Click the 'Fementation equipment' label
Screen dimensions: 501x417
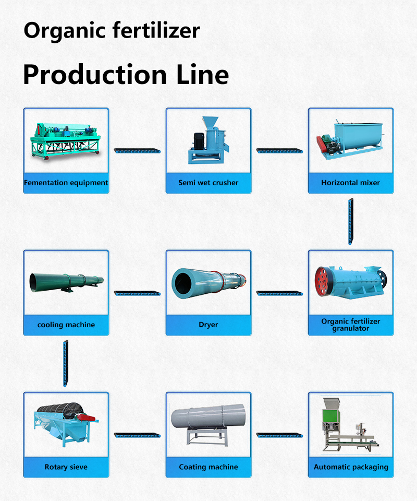coord(66,183)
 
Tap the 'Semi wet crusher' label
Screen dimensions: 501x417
coord(208,183)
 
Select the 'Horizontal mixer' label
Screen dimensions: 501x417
coord(350,183)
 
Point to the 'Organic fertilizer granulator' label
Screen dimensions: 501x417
coord(350,325)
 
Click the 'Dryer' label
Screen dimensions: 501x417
coord(208,325)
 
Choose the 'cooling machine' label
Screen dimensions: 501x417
coord(66,325)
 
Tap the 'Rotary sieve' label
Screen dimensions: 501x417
coord(66,467)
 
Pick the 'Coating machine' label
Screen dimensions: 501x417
coord(208,467)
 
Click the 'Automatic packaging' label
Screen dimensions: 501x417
coord(350,467)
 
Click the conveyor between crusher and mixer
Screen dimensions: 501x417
coord(279,151)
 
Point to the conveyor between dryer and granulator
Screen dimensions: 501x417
coord(279,293)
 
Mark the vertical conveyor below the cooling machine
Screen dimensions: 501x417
coord(66,364)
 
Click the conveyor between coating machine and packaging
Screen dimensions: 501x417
coord(279,435)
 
